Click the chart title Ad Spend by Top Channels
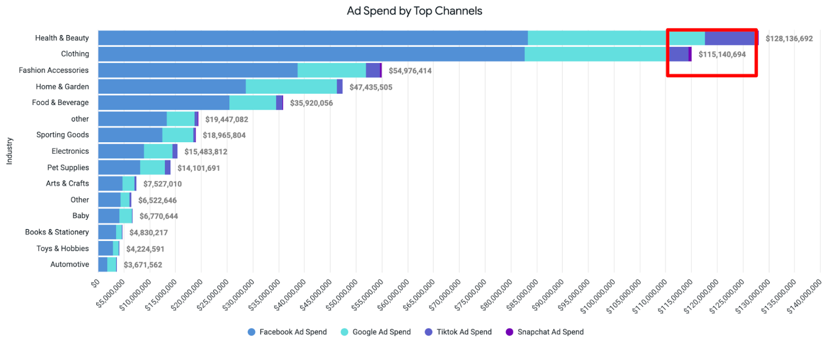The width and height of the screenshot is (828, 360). tap(414, 11)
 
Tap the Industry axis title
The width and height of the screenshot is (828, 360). tap(9, 151)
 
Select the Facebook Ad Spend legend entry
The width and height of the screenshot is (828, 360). tap(287, 332)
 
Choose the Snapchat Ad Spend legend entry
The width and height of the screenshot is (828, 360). tap(544, 332)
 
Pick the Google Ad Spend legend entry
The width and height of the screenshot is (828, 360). tap(376, 332)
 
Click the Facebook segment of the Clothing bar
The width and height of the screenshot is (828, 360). tap(310, 54)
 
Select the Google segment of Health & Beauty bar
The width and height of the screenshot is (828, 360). tap(595, 38)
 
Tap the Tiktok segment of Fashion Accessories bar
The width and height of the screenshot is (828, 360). tap(373, 70)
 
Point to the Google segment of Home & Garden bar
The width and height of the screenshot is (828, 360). tap(291, 86)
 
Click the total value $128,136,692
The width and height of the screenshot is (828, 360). tap(789, 39)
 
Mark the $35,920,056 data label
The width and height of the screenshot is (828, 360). tap(311, 103)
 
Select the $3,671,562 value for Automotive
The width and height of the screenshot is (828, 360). tap(142, 265)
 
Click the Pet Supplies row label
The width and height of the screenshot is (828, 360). tap(68, 168)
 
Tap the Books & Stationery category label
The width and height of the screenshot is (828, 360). tap(57, 232)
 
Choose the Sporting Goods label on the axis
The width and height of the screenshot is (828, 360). tap(62, 135)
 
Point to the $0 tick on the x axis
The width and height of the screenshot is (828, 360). tap(95, 283)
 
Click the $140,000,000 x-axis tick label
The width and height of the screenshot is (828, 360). tap(805, 296)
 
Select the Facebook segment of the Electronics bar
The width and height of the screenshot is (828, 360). tap(121, 152)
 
